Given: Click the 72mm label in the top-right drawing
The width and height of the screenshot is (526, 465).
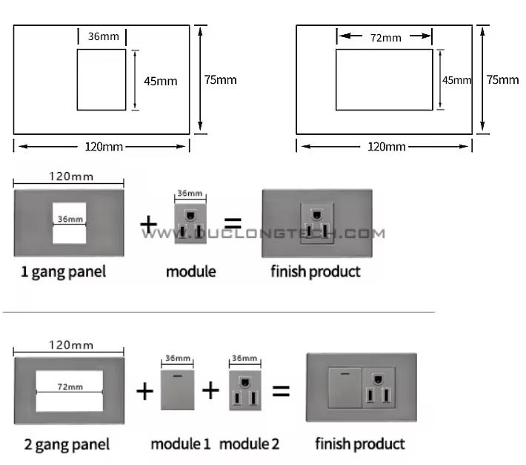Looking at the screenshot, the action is pyautogui.click(x=386, y=38).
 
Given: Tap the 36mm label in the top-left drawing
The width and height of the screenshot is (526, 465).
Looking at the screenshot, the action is pyautogui.click(x=103, y=36).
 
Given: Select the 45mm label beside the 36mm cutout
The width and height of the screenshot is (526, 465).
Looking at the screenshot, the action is pyautogui.click(x=160, y=81).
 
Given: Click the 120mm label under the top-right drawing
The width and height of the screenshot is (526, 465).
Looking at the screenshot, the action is pyautogui.click(x=387, y=147).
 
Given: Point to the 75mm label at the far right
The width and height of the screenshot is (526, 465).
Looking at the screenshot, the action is pyautogui.click(x=502, y=79).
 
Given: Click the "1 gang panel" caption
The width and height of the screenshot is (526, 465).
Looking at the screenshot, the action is pyautogui.click(x=63, y=272).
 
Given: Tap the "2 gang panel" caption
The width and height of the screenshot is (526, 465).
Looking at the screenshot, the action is pyautogui.click(x=67, y=445).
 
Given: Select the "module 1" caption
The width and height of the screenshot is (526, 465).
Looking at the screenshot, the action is pyautogui.click(x=181, y=443).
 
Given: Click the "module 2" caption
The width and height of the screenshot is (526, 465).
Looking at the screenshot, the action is pyautogui.click(x=249, y=443).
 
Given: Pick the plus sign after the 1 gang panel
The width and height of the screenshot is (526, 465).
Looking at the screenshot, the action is pyautogui.click(x=149, y=224).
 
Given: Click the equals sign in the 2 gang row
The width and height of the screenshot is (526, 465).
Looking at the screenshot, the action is pyautogui.click(x=281, y=391).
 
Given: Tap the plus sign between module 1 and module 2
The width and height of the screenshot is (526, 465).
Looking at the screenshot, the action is pyautogui.click(x=210, y=390).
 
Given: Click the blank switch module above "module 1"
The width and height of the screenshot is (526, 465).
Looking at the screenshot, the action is pyautogui.click(x=178, y=390).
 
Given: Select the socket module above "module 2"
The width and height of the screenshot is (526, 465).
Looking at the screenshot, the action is pyautogui.click(x=245, y=390).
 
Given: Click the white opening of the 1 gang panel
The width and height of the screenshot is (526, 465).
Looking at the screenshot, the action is pyautogui.click(x=69, y=223).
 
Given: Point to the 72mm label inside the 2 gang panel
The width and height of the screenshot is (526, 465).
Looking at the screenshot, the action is pyautogui.click(x=70, y=387).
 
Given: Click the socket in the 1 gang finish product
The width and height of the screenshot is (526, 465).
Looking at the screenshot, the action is pyautogui.click(x=317, y=223).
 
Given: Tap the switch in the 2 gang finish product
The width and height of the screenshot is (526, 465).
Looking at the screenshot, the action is pyautogui.click(x=344, y=387).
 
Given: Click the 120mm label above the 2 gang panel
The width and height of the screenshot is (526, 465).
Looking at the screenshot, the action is pyautogui.click(x=71, y=345).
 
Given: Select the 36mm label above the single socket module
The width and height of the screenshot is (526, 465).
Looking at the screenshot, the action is pyautogui.click(x=190, y=194).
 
